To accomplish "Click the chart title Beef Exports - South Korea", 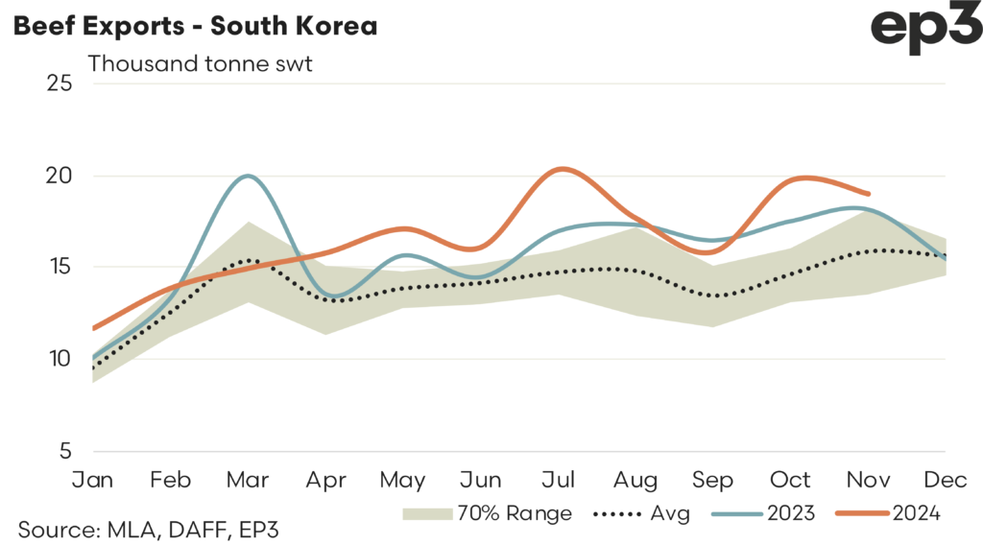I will [x=194, y=26].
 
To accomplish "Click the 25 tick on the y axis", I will [x=60, y=83].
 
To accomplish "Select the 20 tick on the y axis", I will [x=60, y=176].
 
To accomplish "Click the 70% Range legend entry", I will [x=488, y=513].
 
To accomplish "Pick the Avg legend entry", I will [x=639, y=513].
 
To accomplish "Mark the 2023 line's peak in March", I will [x=249, y=176].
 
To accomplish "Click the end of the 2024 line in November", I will [x=869, y=193].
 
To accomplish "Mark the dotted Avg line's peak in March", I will [x=248, y=260].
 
